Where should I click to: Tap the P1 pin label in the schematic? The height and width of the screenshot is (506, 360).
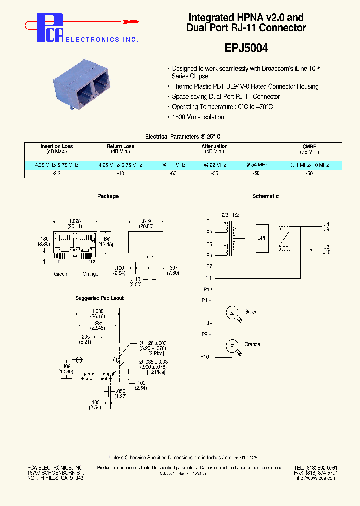(x=209, y=221)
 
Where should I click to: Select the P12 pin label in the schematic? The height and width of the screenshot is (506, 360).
(x=208, y=290)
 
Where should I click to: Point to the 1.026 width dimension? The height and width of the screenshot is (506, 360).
(x=75, y=221)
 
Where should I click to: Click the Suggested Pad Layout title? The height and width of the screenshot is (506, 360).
(x=99, y=298)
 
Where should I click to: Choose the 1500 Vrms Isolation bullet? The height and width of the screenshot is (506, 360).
(x=198, y=117)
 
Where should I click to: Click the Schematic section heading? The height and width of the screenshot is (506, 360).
(x=265, y=196)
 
